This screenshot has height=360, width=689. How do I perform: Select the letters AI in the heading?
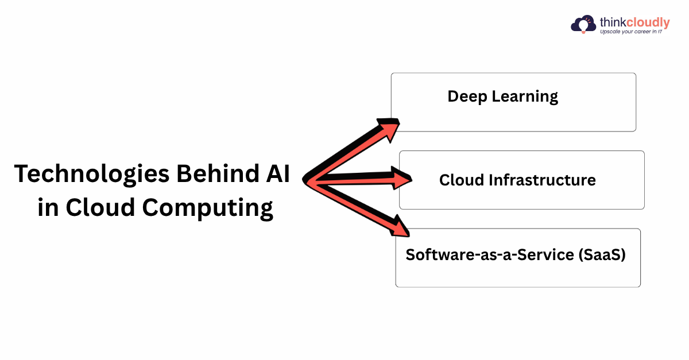pyautogui.click(x=276, y=173)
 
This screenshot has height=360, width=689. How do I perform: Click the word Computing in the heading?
pyautogui.click(x=207, y=208)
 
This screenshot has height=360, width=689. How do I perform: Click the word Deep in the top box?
pyautogui.click(x=467, y=96)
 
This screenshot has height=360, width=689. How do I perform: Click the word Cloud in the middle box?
pyautogui.click(x=461, y=180)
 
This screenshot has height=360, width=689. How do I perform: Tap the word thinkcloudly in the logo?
pyautogui.click(x=634, y=22)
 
